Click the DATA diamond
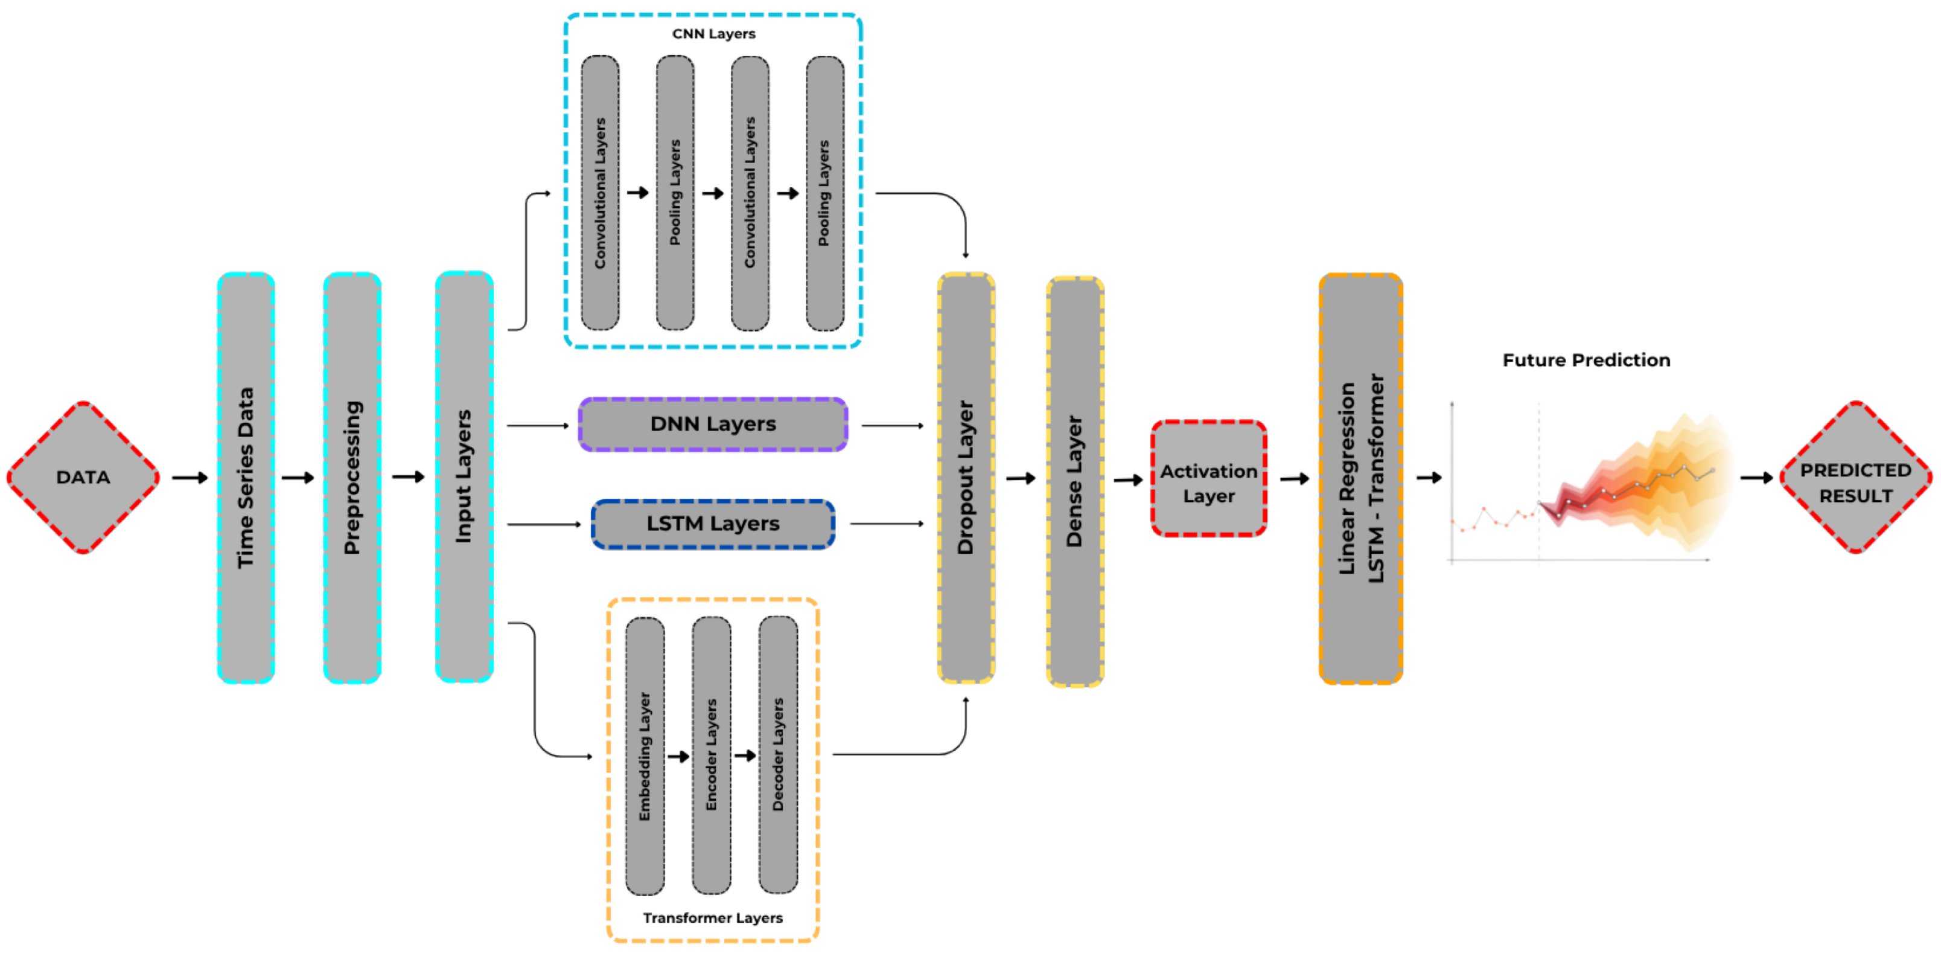coord(83,477)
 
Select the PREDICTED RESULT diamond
coord(1856,477)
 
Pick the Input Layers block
coord(464,476)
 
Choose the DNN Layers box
coord(713,425)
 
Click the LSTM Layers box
coord(713,523)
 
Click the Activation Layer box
coord(1209,478)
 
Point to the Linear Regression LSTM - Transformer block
coord(1361,478)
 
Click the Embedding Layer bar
coord(645,755)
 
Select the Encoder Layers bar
coord(712,755)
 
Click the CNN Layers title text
coord(713,34)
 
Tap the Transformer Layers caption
coord(713,917)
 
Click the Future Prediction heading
coord(1586,361)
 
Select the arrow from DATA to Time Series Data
coord(190,477)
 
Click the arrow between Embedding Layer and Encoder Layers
coord(679,756)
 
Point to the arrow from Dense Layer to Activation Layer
coord(1129,479)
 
